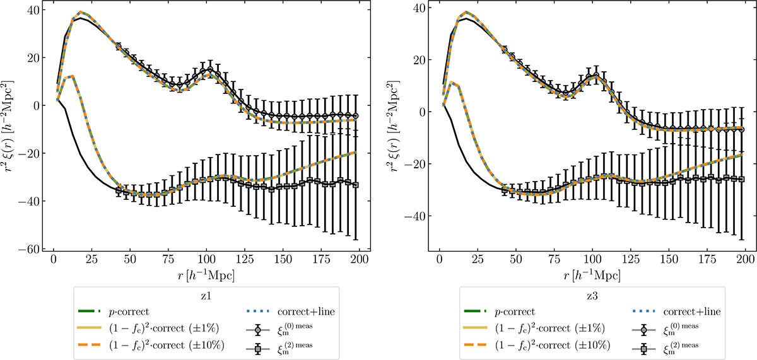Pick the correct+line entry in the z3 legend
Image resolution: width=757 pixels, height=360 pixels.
692,311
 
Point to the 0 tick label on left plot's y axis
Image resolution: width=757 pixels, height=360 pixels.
33,105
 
